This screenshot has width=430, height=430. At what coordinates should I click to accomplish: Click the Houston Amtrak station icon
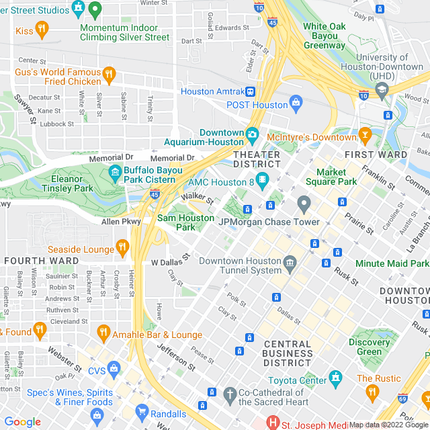(250, 91)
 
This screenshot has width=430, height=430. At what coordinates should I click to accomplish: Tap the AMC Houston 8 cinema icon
(262, 181)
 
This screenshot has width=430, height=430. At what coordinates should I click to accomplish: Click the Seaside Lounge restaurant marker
(122, 247)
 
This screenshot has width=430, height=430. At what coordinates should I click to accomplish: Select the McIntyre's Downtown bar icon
(365, 135)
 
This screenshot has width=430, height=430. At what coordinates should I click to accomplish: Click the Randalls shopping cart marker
(141, 411)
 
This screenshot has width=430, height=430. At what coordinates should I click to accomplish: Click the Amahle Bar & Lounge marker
(103, 332)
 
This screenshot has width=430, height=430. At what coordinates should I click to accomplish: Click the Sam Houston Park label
(185, 222)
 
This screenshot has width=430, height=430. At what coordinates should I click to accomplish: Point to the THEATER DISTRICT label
(257, 159)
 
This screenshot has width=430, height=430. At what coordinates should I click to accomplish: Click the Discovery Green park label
(370, 347)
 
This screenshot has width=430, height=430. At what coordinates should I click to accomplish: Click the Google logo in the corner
(22, 422)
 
